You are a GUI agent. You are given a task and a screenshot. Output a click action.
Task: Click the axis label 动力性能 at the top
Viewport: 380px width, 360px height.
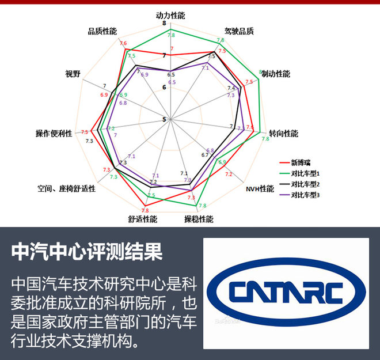click(x=171, y=15)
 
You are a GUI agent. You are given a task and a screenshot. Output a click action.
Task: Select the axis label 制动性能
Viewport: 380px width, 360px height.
click(x=276, y=74)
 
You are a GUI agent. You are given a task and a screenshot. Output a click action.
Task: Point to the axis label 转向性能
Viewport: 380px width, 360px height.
click(x=283, y=133)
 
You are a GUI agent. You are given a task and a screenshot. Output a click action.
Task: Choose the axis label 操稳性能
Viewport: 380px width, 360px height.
click(x=199, y=219)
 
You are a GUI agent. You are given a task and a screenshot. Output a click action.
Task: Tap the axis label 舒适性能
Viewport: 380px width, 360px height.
click(x=143, y=219)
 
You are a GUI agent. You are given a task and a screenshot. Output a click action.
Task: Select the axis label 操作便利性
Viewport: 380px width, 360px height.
click(x=54, y=133)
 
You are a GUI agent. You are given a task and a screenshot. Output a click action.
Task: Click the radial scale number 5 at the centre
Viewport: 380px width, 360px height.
click(x=164, y=119)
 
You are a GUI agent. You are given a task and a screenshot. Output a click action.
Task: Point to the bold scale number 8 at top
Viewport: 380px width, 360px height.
click(x=164, y=24)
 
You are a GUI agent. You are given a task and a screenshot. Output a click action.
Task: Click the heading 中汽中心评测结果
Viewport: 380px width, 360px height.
click(x=88, y=251)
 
